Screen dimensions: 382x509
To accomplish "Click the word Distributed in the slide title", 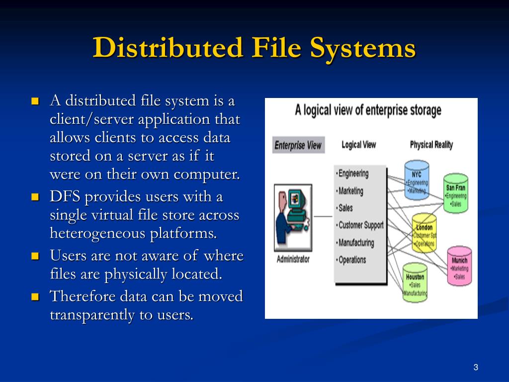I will click(x=168, y=49).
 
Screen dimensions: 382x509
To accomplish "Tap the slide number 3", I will click(x=476, y=368).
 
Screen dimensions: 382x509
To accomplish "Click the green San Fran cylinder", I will click(x=455, y=194).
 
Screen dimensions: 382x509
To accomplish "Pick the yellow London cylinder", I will click(x=424, y=233).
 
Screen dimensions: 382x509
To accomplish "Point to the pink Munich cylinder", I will click(x=459, y=266).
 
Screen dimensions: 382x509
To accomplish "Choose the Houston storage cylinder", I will click(x=415, y=283).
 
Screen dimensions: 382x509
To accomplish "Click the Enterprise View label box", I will click(x=298, y=146).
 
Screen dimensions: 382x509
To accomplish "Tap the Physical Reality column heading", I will click(x=431, y=145).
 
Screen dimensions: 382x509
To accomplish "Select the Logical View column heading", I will click(x=358, y=145).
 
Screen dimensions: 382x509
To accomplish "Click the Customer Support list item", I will click(x=360, y=225).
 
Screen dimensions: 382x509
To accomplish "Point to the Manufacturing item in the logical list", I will click(x=356, y=243).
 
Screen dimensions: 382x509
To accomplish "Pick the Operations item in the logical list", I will click(x=352, y=260).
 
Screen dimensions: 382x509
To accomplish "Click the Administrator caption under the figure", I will click(x=293, y=259).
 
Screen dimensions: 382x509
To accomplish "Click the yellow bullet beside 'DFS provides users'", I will click(x=35, y=197).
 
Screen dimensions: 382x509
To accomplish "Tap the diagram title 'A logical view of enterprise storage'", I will click(x=368, y=110).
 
